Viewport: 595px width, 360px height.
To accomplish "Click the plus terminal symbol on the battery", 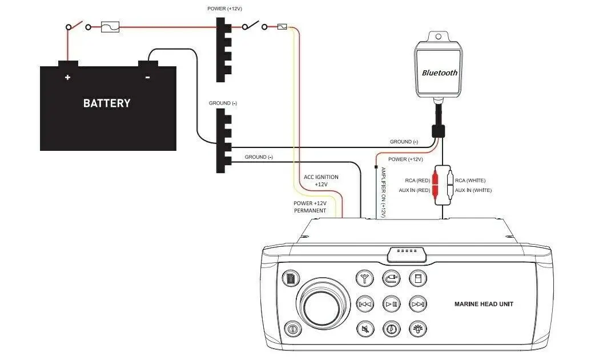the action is coord(67,78).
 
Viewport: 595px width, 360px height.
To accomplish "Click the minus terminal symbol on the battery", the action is coord(148,78).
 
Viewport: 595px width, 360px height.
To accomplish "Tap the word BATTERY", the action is coord(107,103).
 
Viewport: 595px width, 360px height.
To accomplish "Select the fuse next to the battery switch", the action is coord(110,27).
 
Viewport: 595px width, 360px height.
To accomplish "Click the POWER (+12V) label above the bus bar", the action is coord(224,9).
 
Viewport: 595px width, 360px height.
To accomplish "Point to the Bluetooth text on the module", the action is coord(440,73).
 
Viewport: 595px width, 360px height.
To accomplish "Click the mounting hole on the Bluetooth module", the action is coord(439,37).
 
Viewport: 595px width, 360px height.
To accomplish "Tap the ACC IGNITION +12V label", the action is coord(321,181).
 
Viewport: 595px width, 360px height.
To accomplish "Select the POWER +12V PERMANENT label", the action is coord(310,207).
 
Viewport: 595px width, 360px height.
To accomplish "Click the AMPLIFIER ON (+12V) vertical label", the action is coord(383,192).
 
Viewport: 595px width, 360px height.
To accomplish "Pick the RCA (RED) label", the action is coord(417,181).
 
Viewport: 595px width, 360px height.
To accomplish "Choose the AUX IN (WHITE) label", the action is coord(473,190).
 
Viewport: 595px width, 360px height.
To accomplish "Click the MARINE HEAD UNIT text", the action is coord(484,304).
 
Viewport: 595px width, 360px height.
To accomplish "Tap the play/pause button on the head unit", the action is coord(391,304).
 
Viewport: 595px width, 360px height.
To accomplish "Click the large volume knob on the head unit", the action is coord(323,304).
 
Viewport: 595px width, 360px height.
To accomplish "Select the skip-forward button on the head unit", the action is coord(418,304).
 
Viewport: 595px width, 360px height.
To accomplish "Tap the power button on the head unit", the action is coord(292,329).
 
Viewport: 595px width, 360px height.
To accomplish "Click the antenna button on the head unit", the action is coord(365,279).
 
